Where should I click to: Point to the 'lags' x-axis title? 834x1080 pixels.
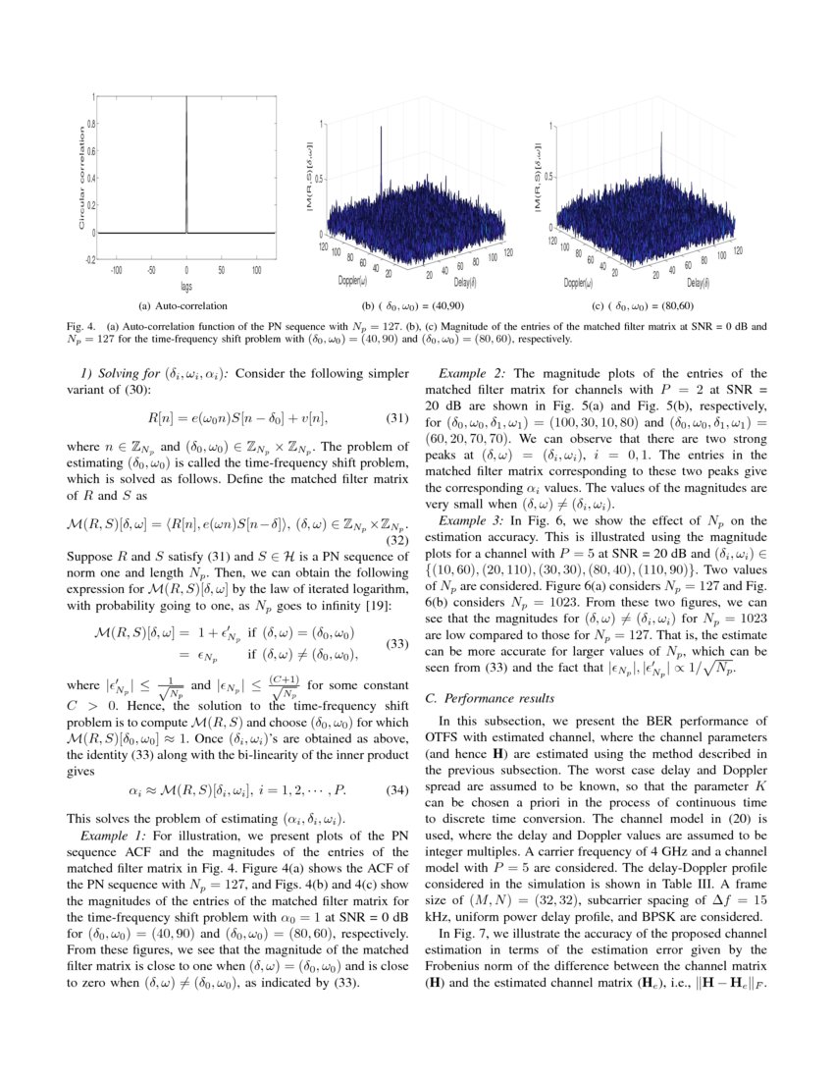coord(186,286)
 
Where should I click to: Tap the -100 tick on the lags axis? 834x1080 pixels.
coord(116,268)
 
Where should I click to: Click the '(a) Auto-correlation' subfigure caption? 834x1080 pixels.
coord(185,305)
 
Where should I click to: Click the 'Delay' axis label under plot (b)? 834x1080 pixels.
coord(466,284)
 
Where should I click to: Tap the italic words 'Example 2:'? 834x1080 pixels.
coord(475,373)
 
